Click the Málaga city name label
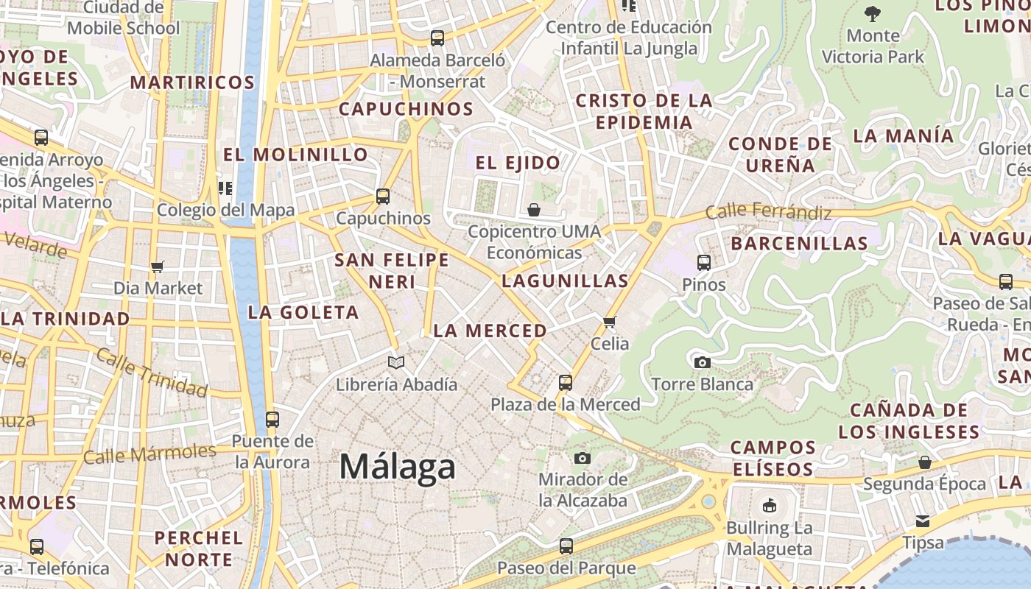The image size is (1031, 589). point(398,468)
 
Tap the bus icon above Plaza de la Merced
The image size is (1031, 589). point(566,383)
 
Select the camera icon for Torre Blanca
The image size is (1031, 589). point(703,362)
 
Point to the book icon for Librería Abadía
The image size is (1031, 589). point(396,362)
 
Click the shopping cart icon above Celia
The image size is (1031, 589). point(610,322)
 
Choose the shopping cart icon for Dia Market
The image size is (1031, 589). point(157,267)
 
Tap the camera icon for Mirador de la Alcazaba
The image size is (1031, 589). point(583,459)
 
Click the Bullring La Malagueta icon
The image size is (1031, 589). point(770,505)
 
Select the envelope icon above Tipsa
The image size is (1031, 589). point(923,521)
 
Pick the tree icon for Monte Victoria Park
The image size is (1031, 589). point(873,13)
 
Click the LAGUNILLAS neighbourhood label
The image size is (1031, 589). point(566,281)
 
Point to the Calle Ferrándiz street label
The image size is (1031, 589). point(769,212)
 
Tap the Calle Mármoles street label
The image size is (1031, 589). point(149,453)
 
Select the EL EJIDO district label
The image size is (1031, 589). point(518,163)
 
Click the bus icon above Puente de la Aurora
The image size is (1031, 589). point(272,420)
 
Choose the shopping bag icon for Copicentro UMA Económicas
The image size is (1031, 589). point(534,211)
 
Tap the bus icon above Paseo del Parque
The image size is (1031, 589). point(566,546)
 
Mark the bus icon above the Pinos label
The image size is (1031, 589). point(704,263)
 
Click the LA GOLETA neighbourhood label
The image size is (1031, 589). point(303,312)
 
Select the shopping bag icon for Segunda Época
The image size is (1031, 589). point(925,462)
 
